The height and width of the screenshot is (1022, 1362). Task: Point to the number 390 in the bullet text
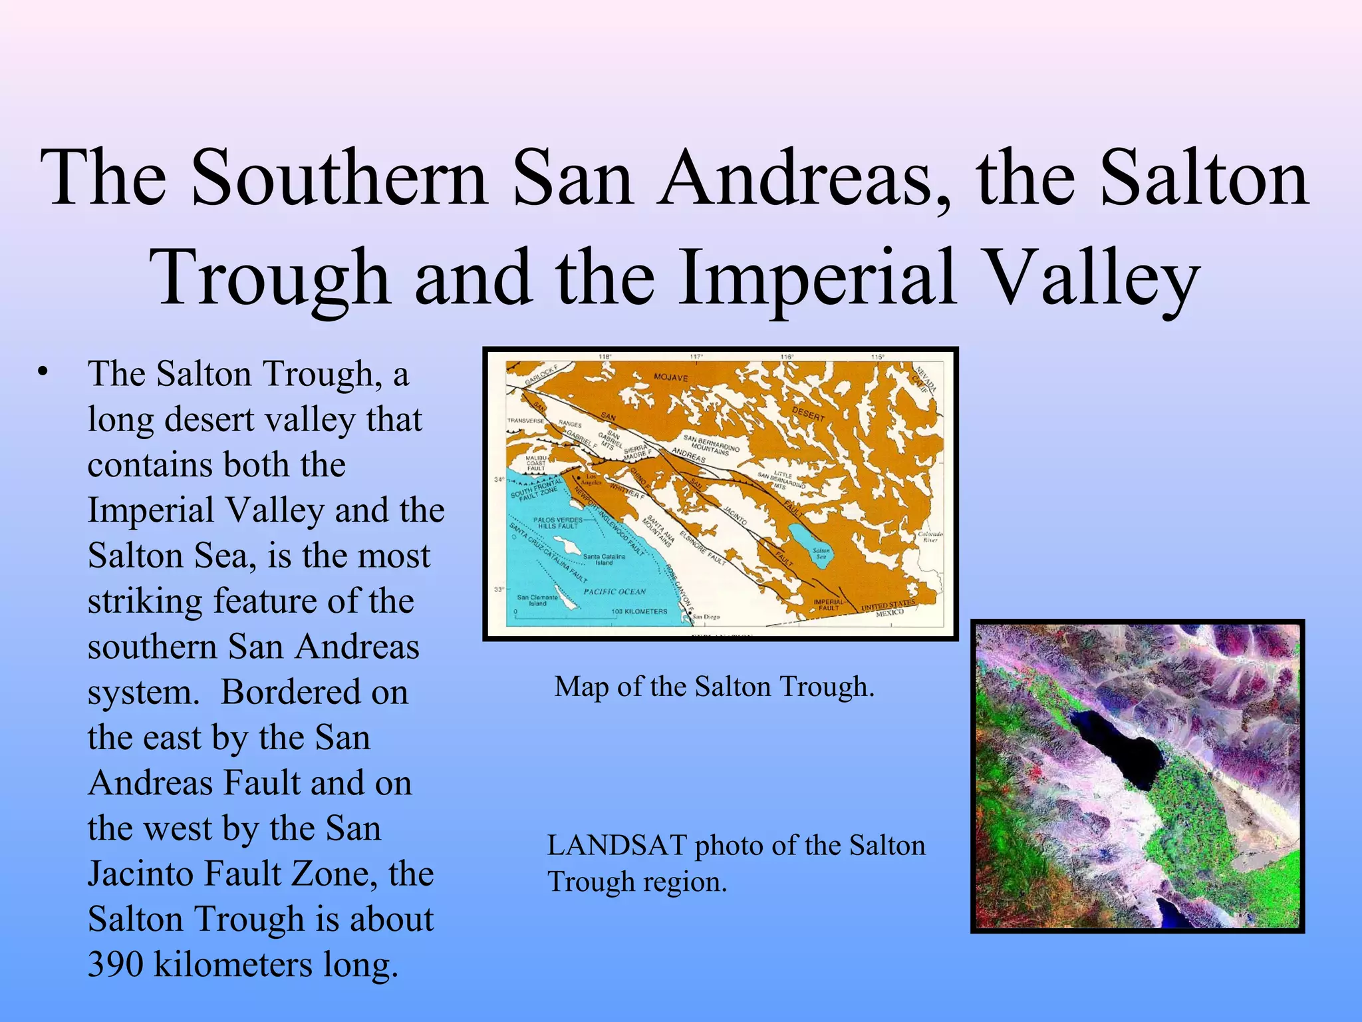114,964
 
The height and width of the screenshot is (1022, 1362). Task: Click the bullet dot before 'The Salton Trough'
43,372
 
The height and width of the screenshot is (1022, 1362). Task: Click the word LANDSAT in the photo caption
616,846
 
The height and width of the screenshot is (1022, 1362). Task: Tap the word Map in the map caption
581,687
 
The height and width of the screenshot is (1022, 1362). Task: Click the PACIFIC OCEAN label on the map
614,592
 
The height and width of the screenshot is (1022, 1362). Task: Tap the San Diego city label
706,617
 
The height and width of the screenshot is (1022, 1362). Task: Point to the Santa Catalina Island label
604,560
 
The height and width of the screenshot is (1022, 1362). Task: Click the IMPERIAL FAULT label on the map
829,604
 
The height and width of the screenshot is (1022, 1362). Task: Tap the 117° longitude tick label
696,357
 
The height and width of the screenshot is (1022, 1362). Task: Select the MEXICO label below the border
889,613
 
